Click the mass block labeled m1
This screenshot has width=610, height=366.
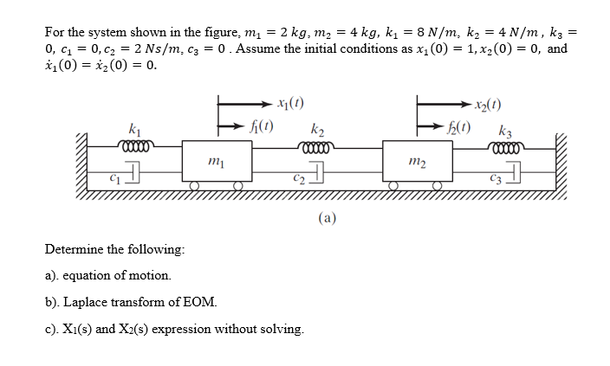[x=213, y=160]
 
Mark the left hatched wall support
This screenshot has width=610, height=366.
[x=83, y=160]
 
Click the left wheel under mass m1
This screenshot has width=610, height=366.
[x=196, y=185]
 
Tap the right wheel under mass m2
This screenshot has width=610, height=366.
[x=438, y=185]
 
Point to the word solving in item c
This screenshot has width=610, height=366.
[x=282, y=328]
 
